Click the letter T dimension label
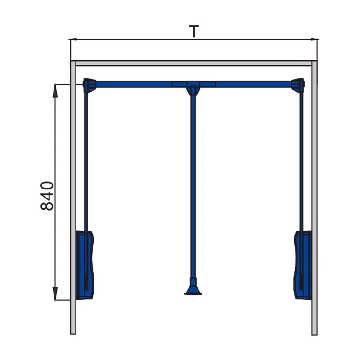click(194, 31)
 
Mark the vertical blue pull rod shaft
click(193, 180)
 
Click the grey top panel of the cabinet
click(193, 63)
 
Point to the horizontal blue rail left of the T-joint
click(135, 84)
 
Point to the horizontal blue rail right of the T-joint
click(252, 84)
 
